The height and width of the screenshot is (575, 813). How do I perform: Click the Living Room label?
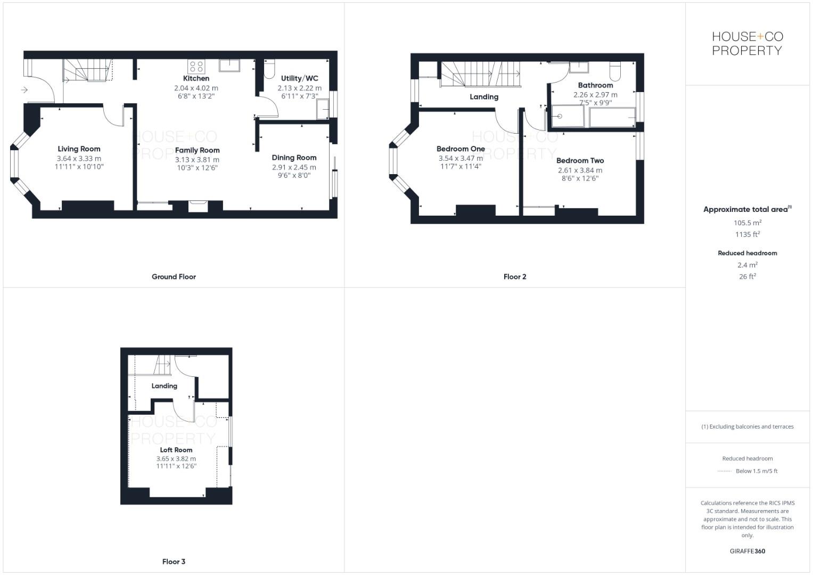point(79,149)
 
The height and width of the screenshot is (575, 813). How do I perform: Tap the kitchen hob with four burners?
point(196,67)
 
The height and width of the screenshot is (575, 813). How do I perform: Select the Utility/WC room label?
point(299,78)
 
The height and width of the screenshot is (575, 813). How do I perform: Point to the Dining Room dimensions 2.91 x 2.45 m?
point(294,167)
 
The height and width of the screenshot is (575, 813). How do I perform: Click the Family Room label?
point(197,150)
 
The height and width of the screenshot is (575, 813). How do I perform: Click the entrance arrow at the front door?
point(24,90)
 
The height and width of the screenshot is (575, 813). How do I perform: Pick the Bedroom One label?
point(461,149)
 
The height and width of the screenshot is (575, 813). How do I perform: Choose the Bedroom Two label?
point(580,160)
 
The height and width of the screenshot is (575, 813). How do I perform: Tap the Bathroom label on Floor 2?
point(595,85)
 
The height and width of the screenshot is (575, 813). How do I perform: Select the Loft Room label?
point(176,450)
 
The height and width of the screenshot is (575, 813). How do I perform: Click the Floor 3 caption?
point(174,562)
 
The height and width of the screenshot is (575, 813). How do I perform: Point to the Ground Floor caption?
point(174,277)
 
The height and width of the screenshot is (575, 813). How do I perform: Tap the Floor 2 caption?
point(515,277)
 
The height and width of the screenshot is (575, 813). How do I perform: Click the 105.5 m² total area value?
point(748,223)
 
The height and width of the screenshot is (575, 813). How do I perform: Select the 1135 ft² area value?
point(748,234)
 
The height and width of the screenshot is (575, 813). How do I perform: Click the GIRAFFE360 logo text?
point(748,551)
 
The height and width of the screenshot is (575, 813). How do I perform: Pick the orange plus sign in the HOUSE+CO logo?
point(760,36)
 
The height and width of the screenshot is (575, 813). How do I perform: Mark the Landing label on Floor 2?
point(484,97)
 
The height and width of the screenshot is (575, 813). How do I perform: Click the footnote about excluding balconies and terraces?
point(748,426)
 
